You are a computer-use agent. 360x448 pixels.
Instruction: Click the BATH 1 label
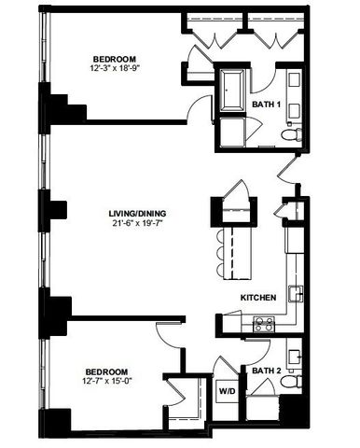[x=267, y=105]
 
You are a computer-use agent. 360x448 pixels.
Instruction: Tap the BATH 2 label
[x=267, y=371]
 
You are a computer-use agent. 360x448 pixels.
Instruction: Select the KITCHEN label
[x=257, y=297]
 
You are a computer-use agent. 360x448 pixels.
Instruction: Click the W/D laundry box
[x=227, y=391]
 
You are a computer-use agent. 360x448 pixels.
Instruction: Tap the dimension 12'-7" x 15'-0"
[x=107, y=381]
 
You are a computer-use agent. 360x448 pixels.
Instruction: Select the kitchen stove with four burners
[x=263, y=324]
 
